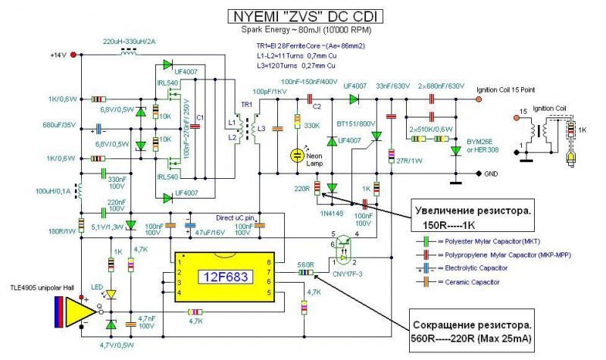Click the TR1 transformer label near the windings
245,102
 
